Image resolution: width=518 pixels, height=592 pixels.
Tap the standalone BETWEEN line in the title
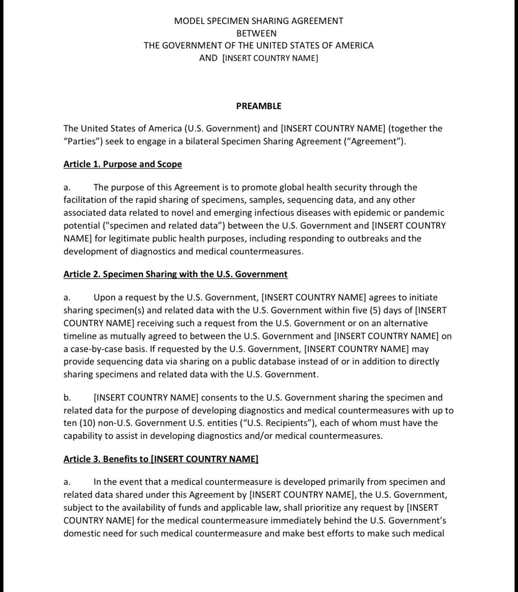point(256,33)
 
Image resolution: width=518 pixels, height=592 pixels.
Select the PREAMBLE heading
point(259,106)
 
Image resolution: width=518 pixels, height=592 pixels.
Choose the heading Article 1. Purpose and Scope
point(122,164)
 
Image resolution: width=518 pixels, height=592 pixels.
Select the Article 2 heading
point(175,274)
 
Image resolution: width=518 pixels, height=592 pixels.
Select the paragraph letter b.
point(67,398)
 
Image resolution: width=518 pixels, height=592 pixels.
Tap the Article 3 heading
point(161,459)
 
